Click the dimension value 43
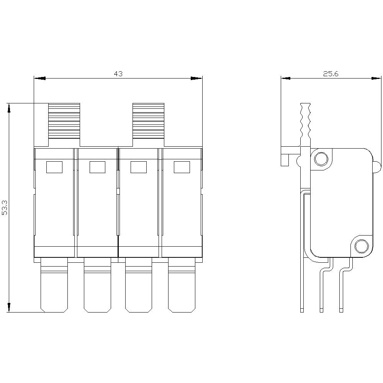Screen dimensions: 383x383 [x=118, y=74]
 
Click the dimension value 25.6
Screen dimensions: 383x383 [x=331, y=74]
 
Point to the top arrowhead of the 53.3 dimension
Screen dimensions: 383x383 [x=9, y=109]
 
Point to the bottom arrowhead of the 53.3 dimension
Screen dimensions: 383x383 [x=9, y=306]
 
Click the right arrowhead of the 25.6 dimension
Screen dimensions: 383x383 [x=376, y=79]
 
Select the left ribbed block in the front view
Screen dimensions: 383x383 [x=64, y=121]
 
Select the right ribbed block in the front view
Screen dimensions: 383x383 [x=148, y=121]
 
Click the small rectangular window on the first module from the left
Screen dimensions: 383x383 [x=54, y=167]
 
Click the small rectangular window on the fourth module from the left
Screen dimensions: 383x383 [x=182, y=167]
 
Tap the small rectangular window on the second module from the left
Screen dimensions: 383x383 [x=97, y=167]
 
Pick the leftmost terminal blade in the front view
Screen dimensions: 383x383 [x=54, y=285]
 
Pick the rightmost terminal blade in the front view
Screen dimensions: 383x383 [x=182, y=285]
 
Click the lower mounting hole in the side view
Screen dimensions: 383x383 [x=361, y=247]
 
